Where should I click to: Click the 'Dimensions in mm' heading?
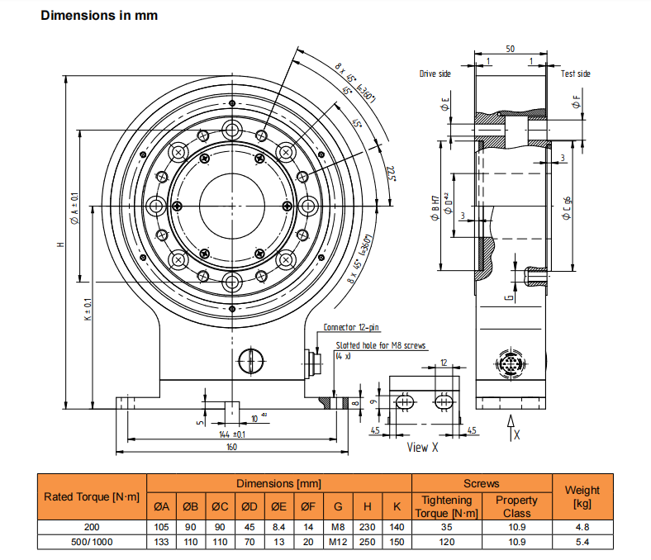coord(99,16)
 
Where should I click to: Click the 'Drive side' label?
coord(435,74)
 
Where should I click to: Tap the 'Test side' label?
coord(576,74)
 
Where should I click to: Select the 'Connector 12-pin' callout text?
coord(350,327)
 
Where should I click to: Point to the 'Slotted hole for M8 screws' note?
coord(381,345)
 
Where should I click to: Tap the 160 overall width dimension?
coord(231,447)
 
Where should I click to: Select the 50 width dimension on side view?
coord(511,50)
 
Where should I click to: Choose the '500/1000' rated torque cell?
coord(91,542)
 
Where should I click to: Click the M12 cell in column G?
coord(338,542)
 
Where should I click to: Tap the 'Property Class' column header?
coord(516,506)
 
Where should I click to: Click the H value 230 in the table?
coord(368,526)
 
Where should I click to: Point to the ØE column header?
coord(279,506)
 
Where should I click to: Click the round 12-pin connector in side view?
coord(509,364)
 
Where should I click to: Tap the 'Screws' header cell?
coord(482,483)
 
